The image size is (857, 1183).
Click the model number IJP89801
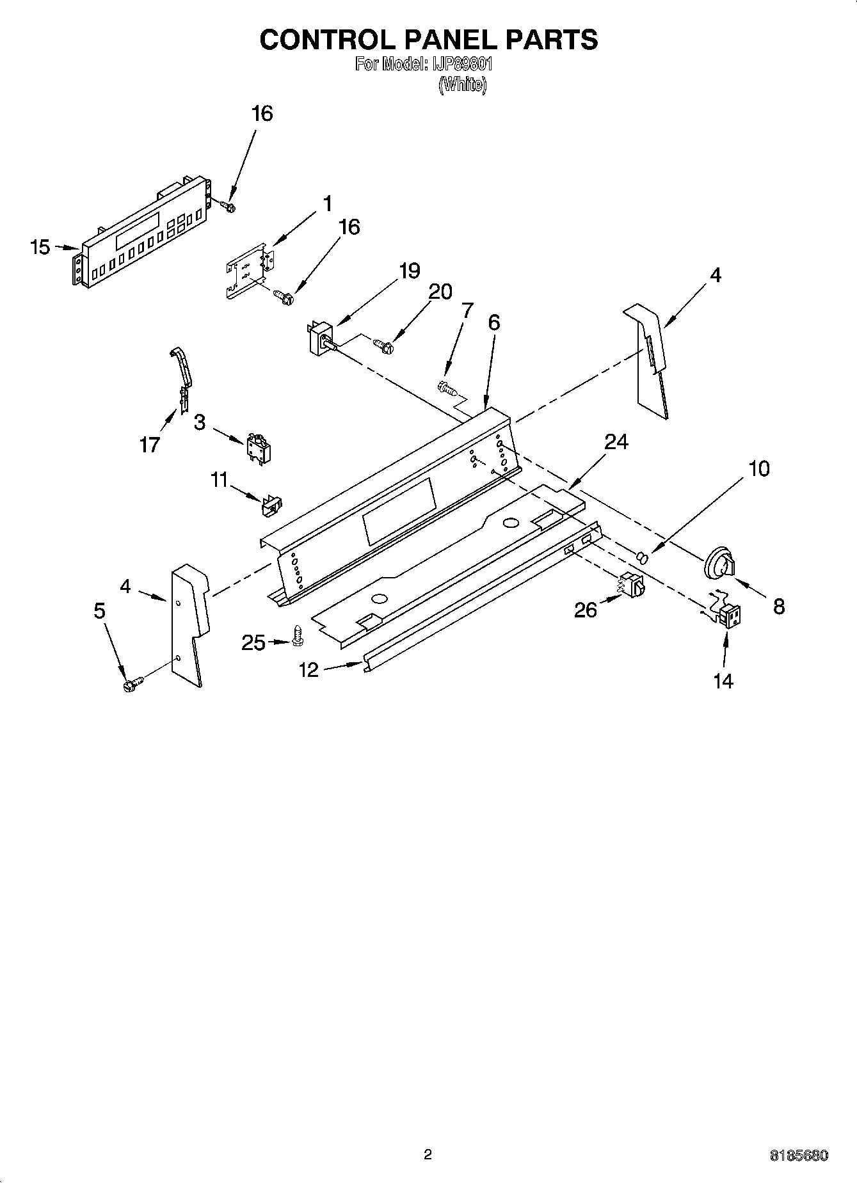click(460, 65)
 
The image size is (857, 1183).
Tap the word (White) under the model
click(462, 85)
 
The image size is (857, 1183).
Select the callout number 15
click(40, 247)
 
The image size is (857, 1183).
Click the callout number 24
click(616, 441)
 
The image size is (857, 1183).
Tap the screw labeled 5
click(132, 685)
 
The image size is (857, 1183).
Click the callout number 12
click(308, 670)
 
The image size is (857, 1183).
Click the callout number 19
click(409, 271)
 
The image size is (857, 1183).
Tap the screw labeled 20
click(384, 345)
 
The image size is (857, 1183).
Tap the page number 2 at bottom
click(428, 1154)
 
